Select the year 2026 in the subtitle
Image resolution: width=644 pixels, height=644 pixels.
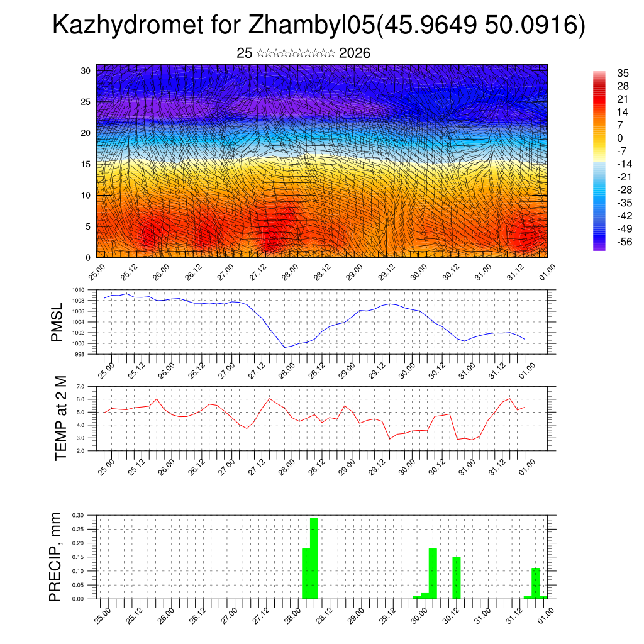point(354,53)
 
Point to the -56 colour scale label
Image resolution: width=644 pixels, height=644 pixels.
point(624,241)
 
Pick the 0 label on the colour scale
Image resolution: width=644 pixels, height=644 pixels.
point(619,138)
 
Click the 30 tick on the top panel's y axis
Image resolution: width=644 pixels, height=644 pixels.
point(86,70)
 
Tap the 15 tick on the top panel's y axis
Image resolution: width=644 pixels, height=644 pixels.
point(86,164)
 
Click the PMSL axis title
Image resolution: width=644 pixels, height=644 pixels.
point(57,322)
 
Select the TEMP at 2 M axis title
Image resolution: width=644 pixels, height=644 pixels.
point(60,418)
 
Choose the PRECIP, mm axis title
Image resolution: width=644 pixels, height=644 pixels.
point(57,557)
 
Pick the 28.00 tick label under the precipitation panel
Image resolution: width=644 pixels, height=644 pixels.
point(292,612)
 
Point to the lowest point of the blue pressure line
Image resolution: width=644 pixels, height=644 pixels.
point(285,347)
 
